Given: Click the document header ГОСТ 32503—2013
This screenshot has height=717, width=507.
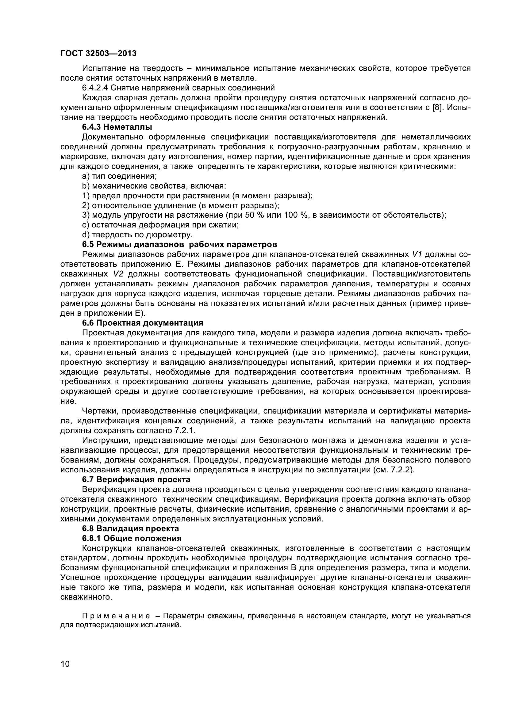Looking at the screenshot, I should coord(98,54).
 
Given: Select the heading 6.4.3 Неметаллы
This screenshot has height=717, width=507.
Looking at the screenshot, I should coord(117,127).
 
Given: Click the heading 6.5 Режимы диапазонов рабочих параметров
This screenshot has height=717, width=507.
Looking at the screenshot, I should coord(179,244).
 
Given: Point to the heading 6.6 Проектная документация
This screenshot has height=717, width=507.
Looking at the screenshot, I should coord(142,322).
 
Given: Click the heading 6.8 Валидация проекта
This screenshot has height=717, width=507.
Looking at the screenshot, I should coord(130,528).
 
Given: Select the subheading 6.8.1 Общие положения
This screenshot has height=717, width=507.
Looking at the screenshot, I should coord(132,538).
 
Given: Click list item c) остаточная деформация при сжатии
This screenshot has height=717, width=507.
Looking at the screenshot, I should coord(160,225).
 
